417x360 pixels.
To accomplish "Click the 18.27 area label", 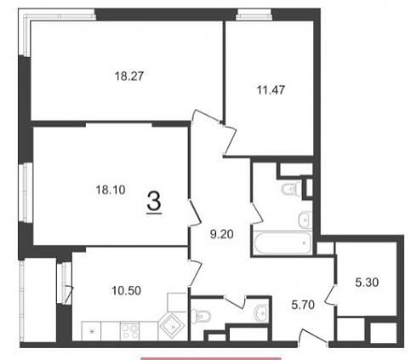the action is [x=129, y=76].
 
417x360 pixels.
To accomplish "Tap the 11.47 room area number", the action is [x=271, y=89].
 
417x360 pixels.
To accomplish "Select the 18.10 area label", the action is [x=111, y=190].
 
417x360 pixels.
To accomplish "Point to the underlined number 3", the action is [x=154, y=201].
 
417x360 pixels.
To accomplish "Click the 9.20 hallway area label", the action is [x=222, y=234].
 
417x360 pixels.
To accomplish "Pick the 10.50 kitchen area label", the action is [x=126, y=290].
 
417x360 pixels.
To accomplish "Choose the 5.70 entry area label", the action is [x=303, y=305].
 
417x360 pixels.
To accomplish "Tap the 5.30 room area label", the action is [x=367, y=283].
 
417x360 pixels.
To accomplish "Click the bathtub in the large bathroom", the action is [x=283, y=243].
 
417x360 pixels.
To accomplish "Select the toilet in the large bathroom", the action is [x=291, y=189].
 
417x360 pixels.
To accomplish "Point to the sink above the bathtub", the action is [x=305, y=220].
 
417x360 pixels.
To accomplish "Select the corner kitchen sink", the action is [x=173, y=326].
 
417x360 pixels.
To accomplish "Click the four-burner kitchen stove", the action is [x=130, y=331].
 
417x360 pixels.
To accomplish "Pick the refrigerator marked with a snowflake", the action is [x=91, y=331].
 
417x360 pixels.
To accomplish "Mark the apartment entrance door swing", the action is [x=313, y=338].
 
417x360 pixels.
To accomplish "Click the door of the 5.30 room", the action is [x=330, y=295].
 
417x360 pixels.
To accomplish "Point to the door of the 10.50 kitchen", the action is [x=195, y=272].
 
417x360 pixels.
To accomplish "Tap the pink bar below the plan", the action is [x=211, y=358].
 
